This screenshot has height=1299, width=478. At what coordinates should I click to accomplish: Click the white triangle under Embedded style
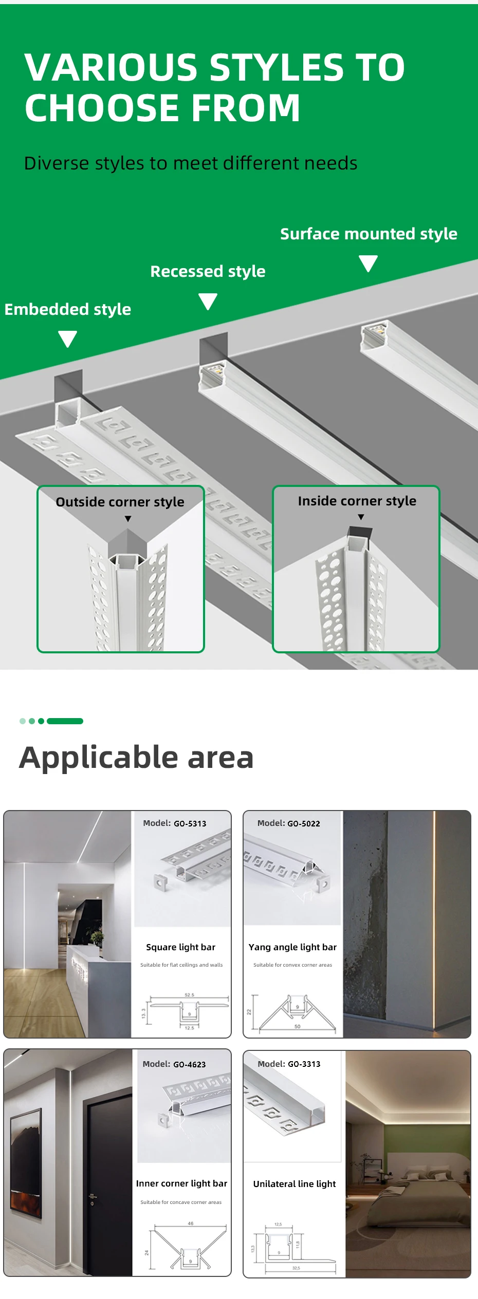tap(68, 338)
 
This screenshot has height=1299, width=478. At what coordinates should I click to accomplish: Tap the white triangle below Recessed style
tap(208, 301)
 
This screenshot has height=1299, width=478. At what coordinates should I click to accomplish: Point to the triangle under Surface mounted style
tap(369, 263)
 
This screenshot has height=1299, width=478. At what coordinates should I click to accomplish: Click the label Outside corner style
tap(120, 502)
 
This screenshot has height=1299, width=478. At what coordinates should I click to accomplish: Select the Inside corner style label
tap(357, 501)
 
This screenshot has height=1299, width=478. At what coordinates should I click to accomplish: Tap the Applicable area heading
tap(136, 757)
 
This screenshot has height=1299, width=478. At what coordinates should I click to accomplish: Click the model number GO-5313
tap(190, 823)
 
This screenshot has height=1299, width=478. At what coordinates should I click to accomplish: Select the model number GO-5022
tap(304, 823)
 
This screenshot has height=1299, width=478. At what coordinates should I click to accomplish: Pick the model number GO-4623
tap(190, 1064)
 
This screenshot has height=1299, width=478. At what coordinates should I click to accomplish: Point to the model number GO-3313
tap(304, 1064)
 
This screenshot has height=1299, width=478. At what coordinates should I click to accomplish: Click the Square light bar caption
tap(180, 947)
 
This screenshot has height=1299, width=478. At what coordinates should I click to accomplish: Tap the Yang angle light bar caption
tap(292, 947)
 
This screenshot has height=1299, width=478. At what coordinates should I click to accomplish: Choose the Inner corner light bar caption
tap(181, 1183)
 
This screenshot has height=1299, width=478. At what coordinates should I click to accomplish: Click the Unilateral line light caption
tap(294, 1184)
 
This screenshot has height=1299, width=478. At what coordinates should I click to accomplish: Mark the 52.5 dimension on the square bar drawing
tap(189, 995)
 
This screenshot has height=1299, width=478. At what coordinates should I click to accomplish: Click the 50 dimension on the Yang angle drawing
tap(297, 1026)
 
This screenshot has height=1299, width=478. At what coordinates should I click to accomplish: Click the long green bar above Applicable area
tap(65, 721)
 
